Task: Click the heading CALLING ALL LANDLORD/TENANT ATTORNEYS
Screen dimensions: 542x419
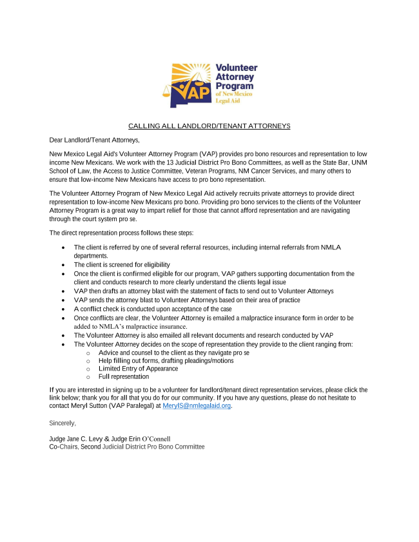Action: pyautogui.click(x=209, y=126)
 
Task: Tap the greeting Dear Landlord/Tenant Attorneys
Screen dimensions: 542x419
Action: pyautogui.click(x=94, y=140)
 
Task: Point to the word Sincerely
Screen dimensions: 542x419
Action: pyautogui.click(x=63, y=423)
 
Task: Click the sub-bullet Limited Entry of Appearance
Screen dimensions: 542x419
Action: pyautogui.click(x=138, y=369)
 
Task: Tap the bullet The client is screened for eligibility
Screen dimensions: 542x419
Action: pyautogui.click(x=122, y=265)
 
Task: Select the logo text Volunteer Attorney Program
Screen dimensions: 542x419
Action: pyautogui.click(x=236, y=77)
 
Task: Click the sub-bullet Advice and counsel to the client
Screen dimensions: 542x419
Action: pyautogui.click(x=174, y=353)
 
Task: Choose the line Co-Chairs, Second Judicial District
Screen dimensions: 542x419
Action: pyautogui.click(x=127, y=447)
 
